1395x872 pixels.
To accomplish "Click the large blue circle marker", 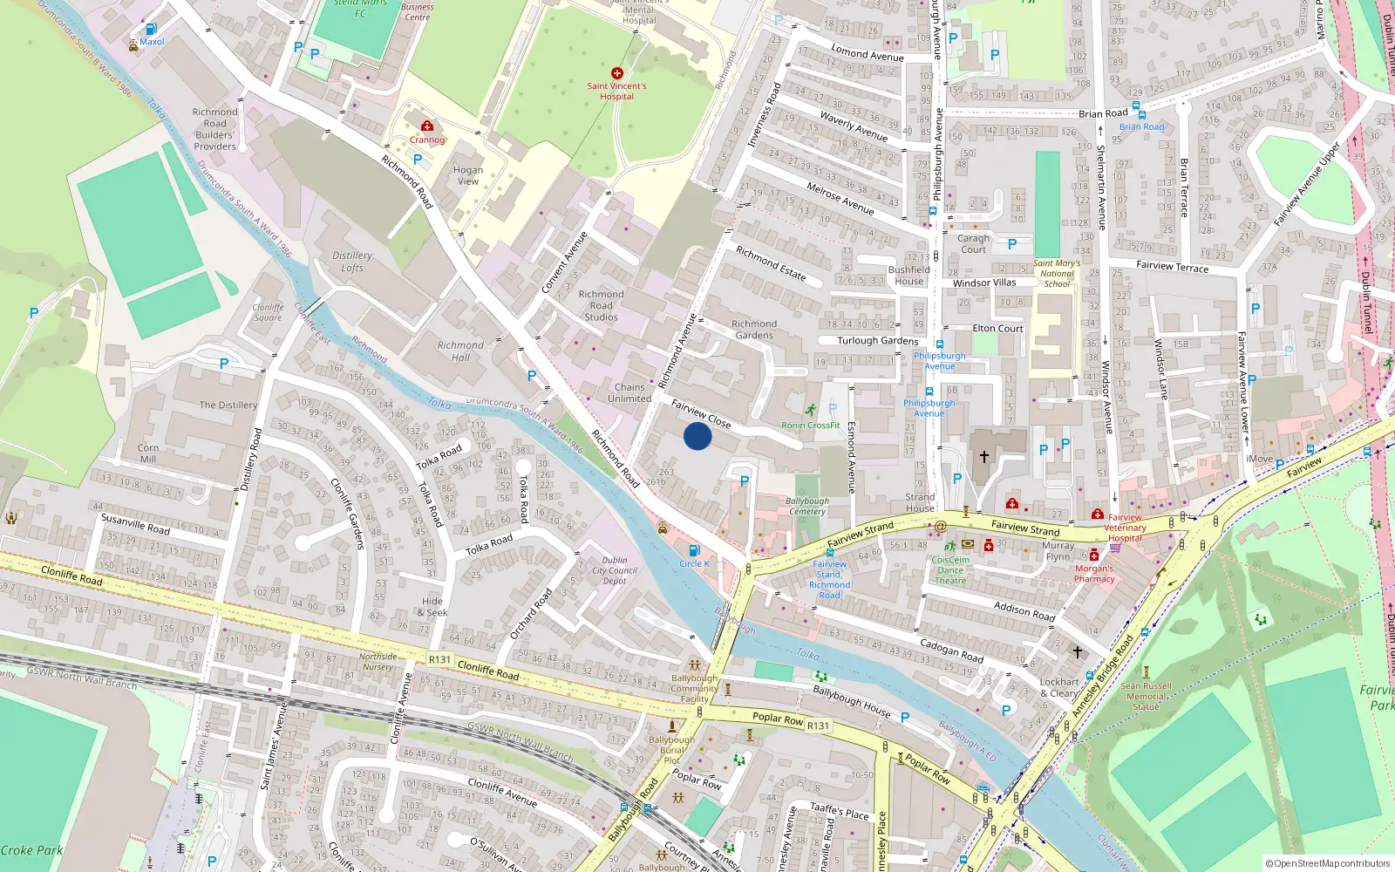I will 697,436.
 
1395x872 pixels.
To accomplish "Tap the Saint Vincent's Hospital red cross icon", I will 617,73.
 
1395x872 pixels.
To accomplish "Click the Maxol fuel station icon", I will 152,29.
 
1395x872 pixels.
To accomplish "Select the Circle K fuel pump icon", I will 694,550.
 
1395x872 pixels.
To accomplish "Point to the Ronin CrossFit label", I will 810,426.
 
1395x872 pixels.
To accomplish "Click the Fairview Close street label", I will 701,413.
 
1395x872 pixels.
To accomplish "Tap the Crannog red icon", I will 427,126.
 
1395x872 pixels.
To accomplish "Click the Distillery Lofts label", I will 352,262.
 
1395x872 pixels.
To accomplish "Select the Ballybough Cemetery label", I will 807,506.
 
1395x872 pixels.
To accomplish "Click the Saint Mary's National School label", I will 1057,273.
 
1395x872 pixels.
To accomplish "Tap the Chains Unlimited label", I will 629,392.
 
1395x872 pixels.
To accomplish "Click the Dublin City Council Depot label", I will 615,570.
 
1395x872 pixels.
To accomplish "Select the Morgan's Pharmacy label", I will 1094,574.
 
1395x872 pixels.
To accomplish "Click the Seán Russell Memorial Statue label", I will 1146,696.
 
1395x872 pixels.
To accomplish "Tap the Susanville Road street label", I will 135,523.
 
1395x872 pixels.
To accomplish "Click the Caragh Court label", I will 973,243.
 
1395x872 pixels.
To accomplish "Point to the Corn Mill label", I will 148,453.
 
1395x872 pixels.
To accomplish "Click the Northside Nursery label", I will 378,661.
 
